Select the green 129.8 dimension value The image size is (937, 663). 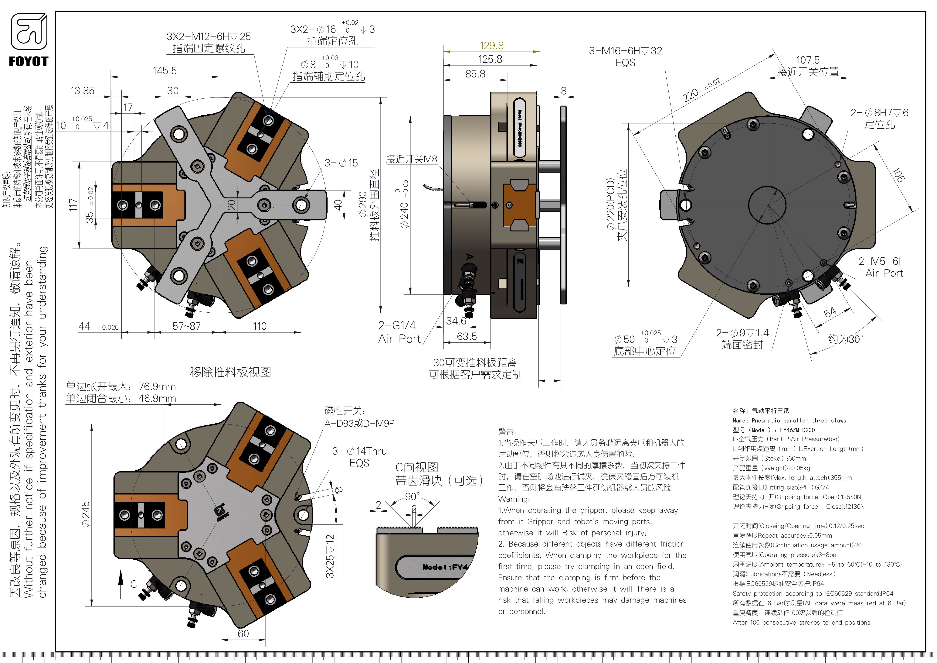[x=491, y=45]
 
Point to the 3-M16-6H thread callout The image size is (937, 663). [x=625, y=51]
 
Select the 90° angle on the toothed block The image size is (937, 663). [x=412, y=496]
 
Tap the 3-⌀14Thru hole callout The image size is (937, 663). [x=359, y=451]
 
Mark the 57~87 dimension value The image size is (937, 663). [x=186, y=326]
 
